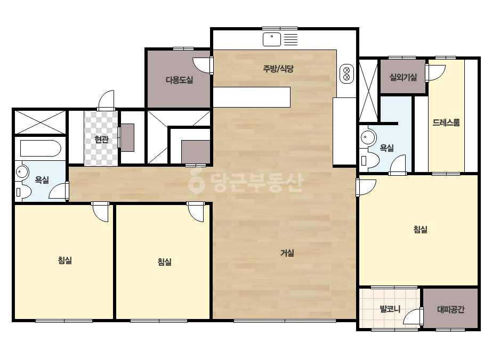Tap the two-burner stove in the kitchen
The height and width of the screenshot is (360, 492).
click(346, 75)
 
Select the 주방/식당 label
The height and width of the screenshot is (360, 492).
click(278, 69)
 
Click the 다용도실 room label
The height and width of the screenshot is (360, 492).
click(179, 80)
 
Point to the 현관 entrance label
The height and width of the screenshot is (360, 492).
click(101, 139)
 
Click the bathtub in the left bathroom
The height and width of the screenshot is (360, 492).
click(41, 149)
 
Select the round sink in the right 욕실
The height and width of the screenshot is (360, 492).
click(367, 137)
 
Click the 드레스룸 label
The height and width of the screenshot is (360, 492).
click(446, 122)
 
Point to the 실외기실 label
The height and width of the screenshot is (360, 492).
click(403, 77)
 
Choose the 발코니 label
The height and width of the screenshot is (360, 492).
click(390, 309)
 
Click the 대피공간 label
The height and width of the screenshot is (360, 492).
click(450, 309)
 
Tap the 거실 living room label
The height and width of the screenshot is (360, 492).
click(287, 253)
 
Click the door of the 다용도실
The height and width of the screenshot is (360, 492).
click(203, 66)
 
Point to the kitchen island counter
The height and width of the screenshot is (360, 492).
click(252, 97)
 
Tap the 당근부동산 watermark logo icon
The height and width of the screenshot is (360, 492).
click(196, 181)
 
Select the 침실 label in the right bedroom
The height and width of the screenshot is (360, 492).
click(421, 229)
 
